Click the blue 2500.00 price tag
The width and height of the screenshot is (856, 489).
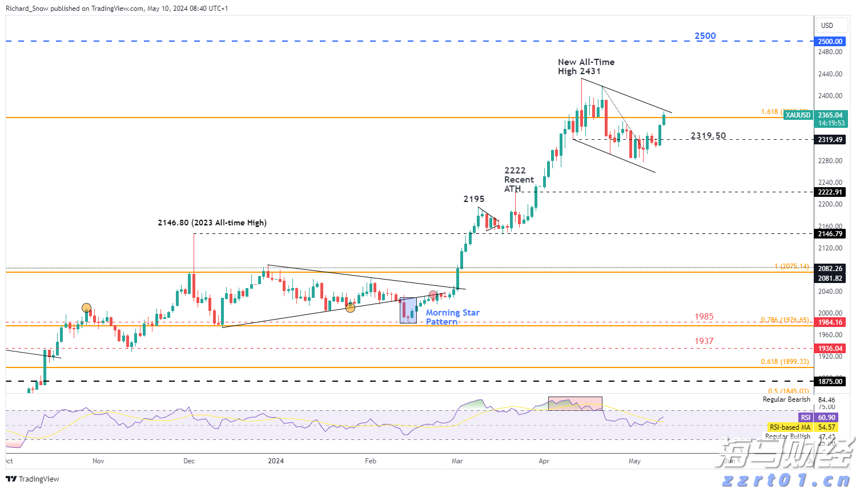(830, 42)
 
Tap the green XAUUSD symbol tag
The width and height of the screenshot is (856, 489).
(797, 115)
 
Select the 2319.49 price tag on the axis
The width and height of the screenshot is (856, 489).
(830, 140)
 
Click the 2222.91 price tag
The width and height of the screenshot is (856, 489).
(830, 192)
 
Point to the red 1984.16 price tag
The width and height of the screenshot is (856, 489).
(830, 322)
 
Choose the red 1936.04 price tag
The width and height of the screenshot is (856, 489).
(830, 349)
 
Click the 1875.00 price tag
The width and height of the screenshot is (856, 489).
(830, 382)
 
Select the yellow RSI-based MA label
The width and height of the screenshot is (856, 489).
(790, 427)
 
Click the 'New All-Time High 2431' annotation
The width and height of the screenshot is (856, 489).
(586, 67)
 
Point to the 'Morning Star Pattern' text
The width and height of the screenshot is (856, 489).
(452, 317)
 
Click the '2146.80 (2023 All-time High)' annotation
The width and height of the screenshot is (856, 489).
(212, 223)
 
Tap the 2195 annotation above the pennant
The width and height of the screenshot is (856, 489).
(473, 199)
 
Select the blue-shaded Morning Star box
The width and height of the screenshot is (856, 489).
(408, 310)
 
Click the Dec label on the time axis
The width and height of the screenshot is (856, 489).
(189, 461)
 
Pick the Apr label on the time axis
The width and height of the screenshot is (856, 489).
(544, 461)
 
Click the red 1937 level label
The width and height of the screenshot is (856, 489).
(704, 341)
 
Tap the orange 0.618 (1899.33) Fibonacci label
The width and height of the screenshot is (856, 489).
(785, 362)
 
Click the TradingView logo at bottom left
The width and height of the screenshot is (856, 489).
(33, 479)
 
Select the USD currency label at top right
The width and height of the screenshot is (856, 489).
(827, 26)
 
